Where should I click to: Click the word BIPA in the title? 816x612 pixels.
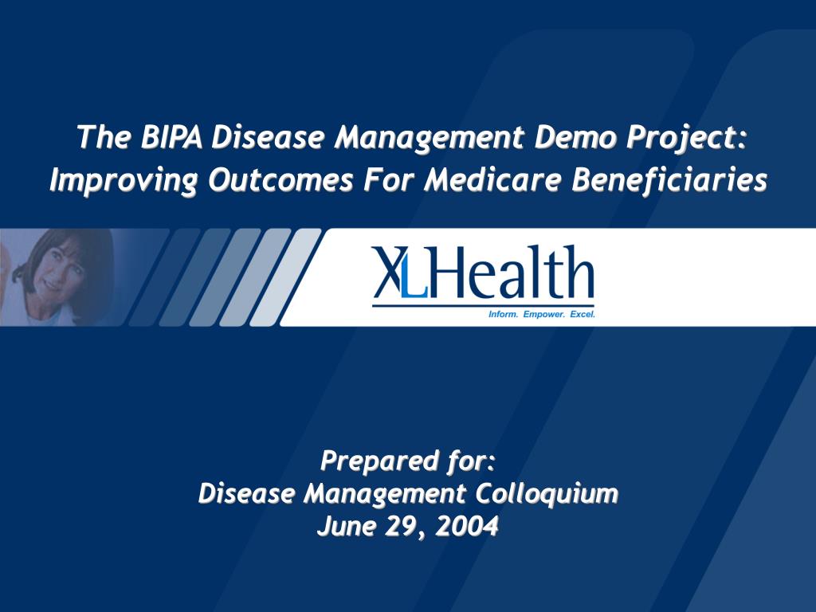pyautogui.click(x=171, y=137)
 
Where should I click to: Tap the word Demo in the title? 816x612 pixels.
pyautogui.click(x=575, y=137)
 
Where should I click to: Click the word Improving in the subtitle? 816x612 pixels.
pyautogui.click(x=124, y=181)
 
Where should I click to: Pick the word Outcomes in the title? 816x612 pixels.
pyautogui.click(x=281, y=180)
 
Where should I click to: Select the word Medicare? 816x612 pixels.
pyautogui.click(x=492, y=180)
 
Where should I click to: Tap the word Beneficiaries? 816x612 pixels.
pyautogui.click(x=669, y=180)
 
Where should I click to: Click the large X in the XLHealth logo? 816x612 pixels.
pyautogui.click(x=389, y=272)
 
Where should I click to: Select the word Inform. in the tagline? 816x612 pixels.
pyautogui.click(x=504, y=314)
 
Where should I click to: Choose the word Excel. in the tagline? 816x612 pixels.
pyautogui.click(x=583, y=314)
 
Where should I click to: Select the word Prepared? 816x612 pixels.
pyautogui.click(x=379, y=461)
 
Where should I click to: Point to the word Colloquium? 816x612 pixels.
pyautogui.click(x=547, y=494)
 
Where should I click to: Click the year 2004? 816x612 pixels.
pyautogui.click(x=467, y=526)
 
